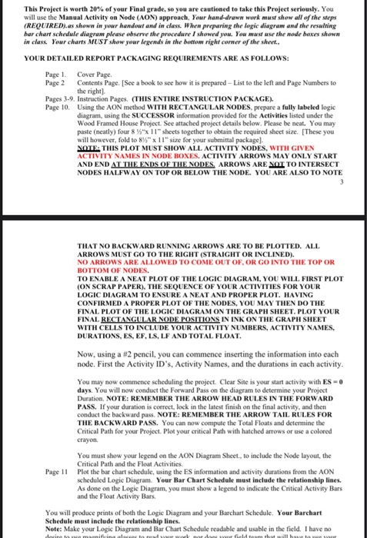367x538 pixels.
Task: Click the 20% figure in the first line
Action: [x=95, y=5]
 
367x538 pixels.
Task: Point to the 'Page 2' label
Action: [x=55, y=81]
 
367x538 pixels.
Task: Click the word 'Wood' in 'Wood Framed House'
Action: [x=86, y=132]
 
